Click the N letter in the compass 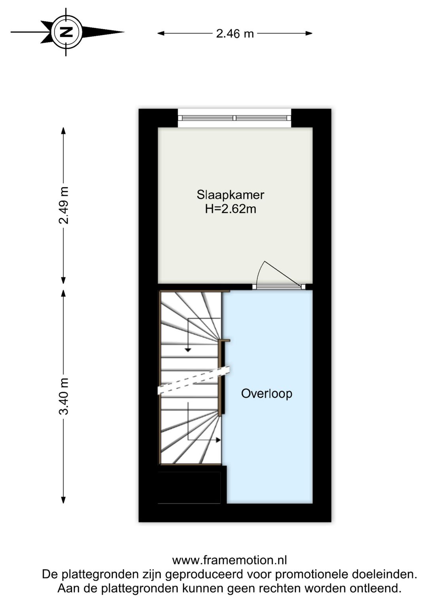tap(66, 32)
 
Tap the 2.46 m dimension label tap(235, 34)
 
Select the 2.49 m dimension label tap(64, 205)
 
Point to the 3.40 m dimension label tap(64, 396)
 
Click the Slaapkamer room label tap(231, 195)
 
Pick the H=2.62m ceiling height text tap(231, 209)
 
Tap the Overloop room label tap(266, 394)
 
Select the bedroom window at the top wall tap(234, 118)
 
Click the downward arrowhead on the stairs tap(188, 350)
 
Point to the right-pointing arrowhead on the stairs tap(218, 440)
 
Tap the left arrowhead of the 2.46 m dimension tap(161, 33)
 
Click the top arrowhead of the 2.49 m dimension tap(64, 131)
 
